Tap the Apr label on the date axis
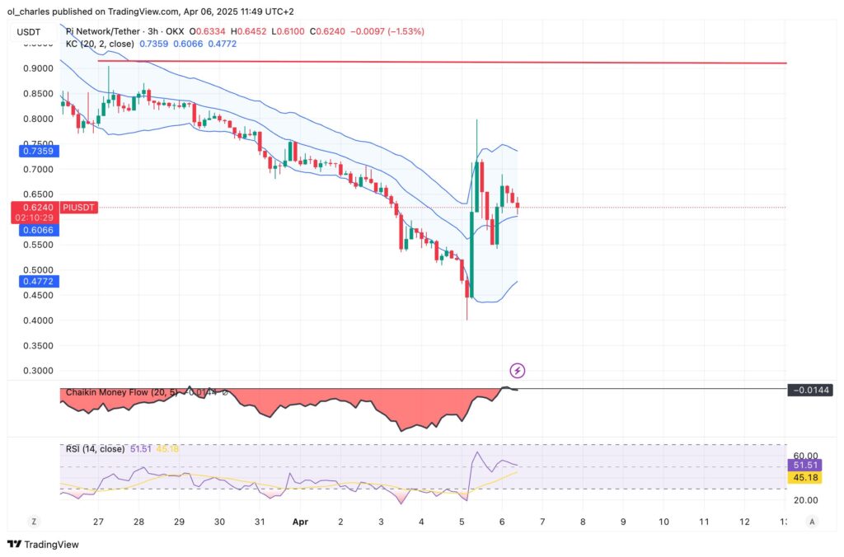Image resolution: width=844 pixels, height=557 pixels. (300, 522)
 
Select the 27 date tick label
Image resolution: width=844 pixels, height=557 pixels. (98, 522)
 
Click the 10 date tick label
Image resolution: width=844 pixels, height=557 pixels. (663, 522)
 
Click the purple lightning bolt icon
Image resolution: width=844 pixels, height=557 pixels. (518, 371)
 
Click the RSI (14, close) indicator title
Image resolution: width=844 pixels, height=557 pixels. (95, 449)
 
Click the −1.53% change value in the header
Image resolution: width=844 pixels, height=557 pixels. (406, 31)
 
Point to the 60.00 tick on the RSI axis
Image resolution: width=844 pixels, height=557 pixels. (804, 456)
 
